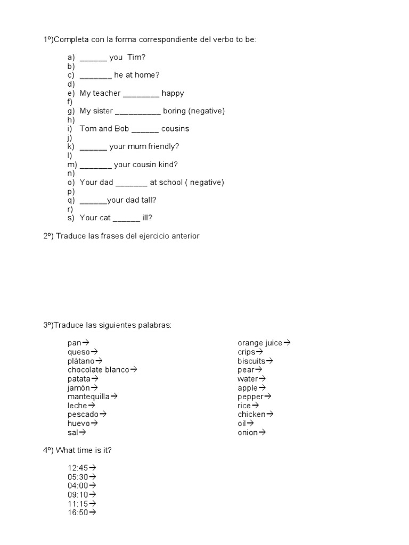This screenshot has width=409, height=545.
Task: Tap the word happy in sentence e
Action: coord(173,93)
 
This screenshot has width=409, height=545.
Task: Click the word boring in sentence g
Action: coord(174,111)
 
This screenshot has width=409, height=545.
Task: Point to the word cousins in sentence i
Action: coord(175,129)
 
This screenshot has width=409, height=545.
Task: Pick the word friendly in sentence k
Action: coord(163,146)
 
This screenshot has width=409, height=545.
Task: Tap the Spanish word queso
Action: coord(79,352)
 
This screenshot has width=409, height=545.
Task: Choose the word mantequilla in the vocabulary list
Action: coord(88,397)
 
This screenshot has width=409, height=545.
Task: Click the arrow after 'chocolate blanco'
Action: coord(134,369)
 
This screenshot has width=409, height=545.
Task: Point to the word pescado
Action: coord(83,414)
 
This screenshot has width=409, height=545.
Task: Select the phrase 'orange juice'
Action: coord(260,343)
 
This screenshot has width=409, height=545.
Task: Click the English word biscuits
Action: coord(251,361)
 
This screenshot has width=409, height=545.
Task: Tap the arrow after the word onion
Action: coord(262,432)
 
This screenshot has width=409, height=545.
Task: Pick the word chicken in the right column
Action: coord(251,414)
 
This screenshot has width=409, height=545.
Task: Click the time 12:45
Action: coord(78,468)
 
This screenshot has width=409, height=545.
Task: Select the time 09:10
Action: coord(78,494)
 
